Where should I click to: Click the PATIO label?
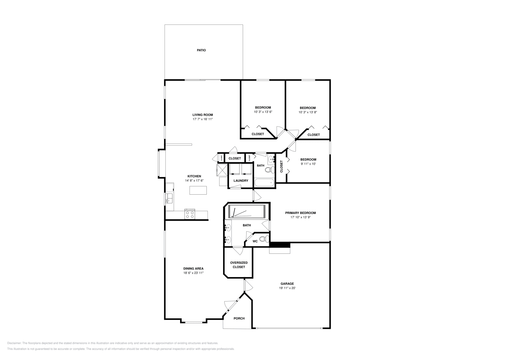click(201, 50)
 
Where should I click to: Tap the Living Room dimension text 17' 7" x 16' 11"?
click(202, 119)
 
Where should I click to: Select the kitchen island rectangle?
click(198, 190)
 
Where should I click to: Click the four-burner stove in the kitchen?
click(190, 215)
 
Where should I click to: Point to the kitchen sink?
click(169, 198)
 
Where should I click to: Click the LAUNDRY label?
click(241, 181)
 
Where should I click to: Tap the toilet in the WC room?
click(264, 239)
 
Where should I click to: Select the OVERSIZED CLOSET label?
click(239, 265)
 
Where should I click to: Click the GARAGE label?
click(287, 284)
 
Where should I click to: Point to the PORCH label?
click(239, 318)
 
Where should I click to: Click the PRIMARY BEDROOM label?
click(300, 213)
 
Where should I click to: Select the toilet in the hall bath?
click(269, 170)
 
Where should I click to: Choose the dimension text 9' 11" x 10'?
click(308, 164)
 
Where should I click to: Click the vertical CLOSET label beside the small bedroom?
click(281, 166)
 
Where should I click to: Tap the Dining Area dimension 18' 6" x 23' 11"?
click(193, 273)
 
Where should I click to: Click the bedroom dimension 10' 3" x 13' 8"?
click(308, 112)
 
